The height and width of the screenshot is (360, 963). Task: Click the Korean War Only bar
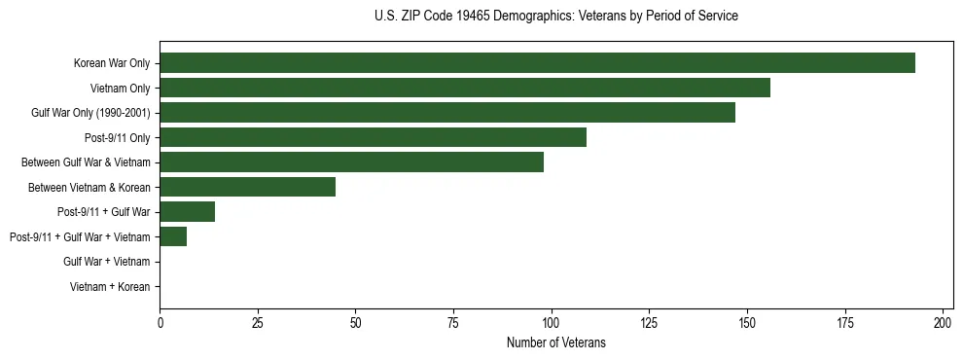point(537,63)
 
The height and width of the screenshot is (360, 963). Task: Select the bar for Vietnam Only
point(465,88)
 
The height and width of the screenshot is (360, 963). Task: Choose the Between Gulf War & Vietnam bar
point(351,162)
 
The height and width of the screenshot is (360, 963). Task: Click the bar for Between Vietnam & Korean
point(248,187)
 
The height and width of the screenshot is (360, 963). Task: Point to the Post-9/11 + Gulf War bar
point(187,212)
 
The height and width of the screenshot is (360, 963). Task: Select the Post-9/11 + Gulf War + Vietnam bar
point(173,236)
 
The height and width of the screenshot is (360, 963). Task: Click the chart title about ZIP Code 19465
point(555,17)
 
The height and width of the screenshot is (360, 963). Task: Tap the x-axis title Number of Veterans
point(555,342)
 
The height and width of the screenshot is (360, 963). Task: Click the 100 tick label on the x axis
point(552,322)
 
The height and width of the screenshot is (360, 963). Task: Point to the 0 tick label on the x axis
point(160,322)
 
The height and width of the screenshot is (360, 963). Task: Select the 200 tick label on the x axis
point(943,322)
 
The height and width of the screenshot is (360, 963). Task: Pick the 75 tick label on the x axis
point(453,322)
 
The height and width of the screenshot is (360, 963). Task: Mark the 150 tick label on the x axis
point(747,322)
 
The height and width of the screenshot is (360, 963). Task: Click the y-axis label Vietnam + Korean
point(110,287)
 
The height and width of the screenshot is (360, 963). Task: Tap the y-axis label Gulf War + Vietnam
point(106,262)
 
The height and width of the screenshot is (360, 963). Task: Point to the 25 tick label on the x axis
point(258,322)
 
